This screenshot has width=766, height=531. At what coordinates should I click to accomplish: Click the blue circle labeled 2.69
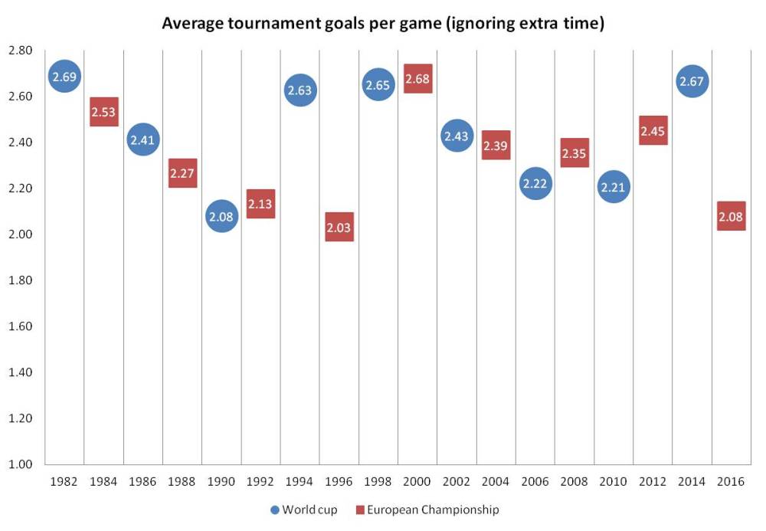coord(64,76)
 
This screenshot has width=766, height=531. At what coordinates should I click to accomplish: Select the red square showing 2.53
coord(104,112)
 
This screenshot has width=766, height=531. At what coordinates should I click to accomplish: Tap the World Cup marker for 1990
coord(221,216)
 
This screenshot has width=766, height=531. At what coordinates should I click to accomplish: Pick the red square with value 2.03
coord(339,227)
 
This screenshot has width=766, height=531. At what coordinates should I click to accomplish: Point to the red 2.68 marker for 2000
coord(417,78)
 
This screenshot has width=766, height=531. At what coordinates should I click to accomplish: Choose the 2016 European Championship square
coord(732,216)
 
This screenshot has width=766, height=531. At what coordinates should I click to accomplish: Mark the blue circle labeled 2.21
coord(613,186)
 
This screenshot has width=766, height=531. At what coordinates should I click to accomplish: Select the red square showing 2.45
coord(653,130)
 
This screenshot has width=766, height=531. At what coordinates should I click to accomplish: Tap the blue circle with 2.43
coord(457,136)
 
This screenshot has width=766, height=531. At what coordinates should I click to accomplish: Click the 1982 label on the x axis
coord(64,481)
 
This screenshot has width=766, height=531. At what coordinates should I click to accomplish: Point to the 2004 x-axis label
coord(496,481)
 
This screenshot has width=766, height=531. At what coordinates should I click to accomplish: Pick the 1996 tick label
coord(339,481)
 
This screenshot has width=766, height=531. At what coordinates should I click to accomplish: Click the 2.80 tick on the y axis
coord(20,51)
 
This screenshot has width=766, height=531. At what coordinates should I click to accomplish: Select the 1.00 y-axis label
coord(20,464)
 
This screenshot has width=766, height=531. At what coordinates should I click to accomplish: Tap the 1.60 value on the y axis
coord(20,326)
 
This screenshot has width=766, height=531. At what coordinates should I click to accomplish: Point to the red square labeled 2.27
coord(183,173)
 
